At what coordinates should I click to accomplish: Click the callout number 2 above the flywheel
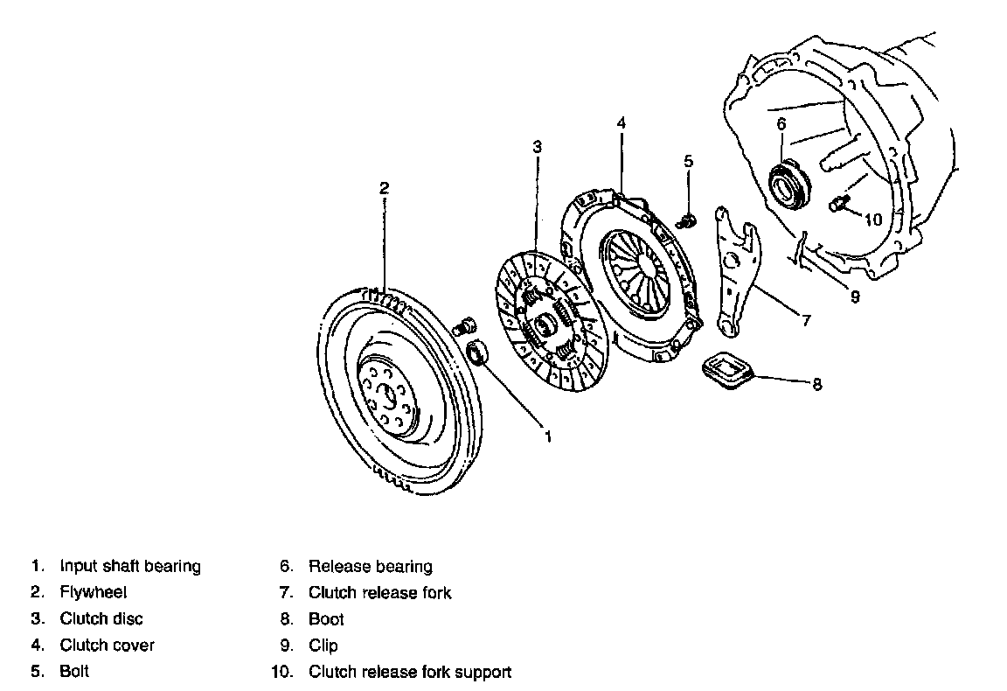[384, 187]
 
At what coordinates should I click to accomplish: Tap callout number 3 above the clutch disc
[538, 147]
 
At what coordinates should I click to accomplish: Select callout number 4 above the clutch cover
[621, 123]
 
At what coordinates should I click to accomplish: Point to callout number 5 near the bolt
[688, 161]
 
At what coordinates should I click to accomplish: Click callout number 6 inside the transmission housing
[781, 123]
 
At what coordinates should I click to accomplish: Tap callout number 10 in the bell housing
[873, 220]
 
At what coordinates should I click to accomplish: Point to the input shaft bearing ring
[477, 353]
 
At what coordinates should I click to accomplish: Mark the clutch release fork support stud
[839, 205]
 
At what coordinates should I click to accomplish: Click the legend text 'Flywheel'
[93, 592]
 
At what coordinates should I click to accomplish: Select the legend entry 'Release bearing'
[370, 566]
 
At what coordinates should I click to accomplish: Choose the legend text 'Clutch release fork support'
[409, 672]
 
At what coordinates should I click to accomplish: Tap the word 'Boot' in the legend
[326, 619]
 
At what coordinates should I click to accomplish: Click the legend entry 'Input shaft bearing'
[130, 566]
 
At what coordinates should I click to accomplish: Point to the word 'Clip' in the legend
[323, 646]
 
